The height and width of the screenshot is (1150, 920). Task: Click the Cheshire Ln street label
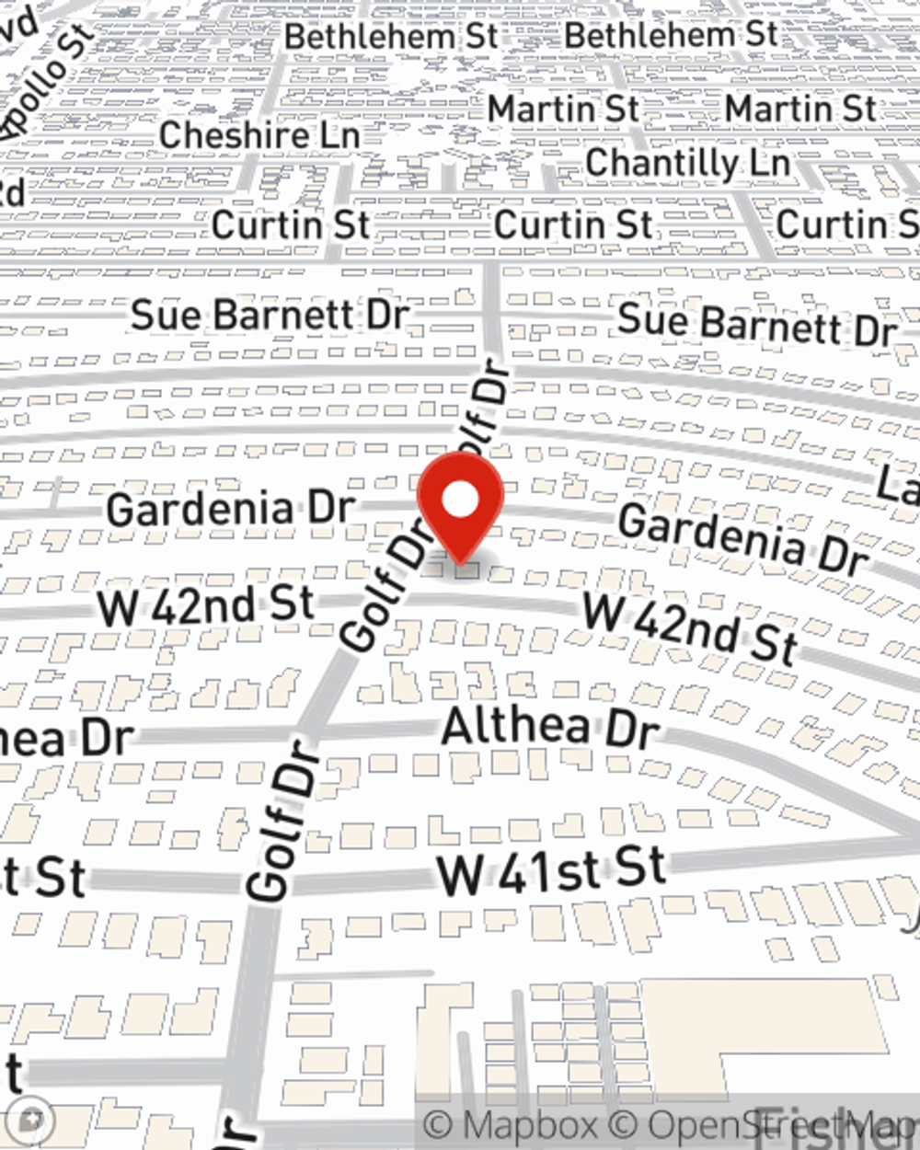(259, 136)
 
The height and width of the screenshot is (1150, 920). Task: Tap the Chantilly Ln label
(687, 164)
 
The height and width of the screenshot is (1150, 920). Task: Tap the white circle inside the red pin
(460, 501)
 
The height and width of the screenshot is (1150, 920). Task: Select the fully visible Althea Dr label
(550, 728)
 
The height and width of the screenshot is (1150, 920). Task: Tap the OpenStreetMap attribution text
(782, 1125)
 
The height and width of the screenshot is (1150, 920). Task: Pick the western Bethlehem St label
(391, 37)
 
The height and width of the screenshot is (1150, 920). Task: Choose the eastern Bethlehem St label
(671, 36)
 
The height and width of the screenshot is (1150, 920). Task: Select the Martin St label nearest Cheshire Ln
(563, 109)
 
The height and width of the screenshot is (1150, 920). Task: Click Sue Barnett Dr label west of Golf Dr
(270, 316)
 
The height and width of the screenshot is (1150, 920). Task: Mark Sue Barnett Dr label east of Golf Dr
(757, 324)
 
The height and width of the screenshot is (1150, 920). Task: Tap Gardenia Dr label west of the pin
(230, 509)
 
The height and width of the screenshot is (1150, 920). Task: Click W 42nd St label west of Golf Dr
(206, 606)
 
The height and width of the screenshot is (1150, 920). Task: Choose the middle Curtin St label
(573, 224)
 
